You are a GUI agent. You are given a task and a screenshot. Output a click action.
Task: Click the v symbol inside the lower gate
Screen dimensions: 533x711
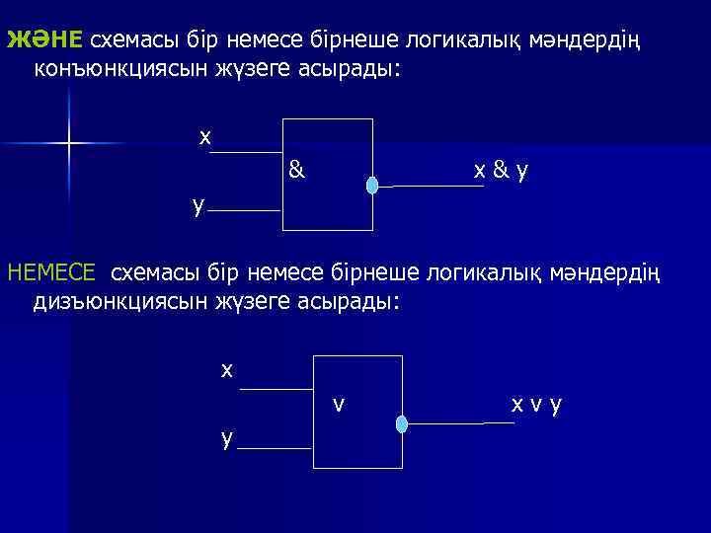[339, 404]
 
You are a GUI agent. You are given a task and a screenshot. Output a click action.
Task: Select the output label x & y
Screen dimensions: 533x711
[501, 171]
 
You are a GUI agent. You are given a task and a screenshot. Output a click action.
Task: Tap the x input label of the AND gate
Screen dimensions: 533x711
[204, 137]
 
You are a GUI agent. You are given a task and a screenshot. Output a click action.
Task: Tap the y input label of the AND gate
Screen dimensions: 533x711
[199, 204]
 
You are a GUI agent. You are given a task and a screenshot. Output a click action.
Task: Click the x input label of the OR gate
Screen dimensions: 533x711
[227, 370]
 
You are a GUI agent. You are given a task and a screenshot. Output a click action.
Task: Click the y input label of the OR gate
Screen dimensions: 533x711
[227, 438]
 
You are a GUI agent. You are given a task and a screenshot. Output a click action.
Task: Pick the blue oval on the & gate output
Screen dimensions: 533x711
[372, 186]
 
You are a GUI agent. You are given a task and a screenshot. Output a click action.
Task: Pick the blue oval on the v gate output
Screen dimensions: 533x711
[401, 424]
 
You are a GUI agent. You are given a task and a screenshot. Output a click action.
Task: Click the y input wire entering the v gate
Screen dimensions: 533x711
[276, 448]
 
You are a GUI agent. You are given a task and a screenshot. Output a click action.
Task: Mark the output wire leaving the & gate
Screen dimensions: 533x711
[434, 185]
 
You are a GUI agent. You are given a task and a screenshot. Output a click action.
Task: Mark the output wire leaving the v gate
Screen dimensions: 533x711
[459, 423]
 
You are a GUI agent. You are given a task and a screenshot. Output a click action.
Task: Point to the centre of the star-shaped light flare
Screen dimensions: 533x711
[69, 144]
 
